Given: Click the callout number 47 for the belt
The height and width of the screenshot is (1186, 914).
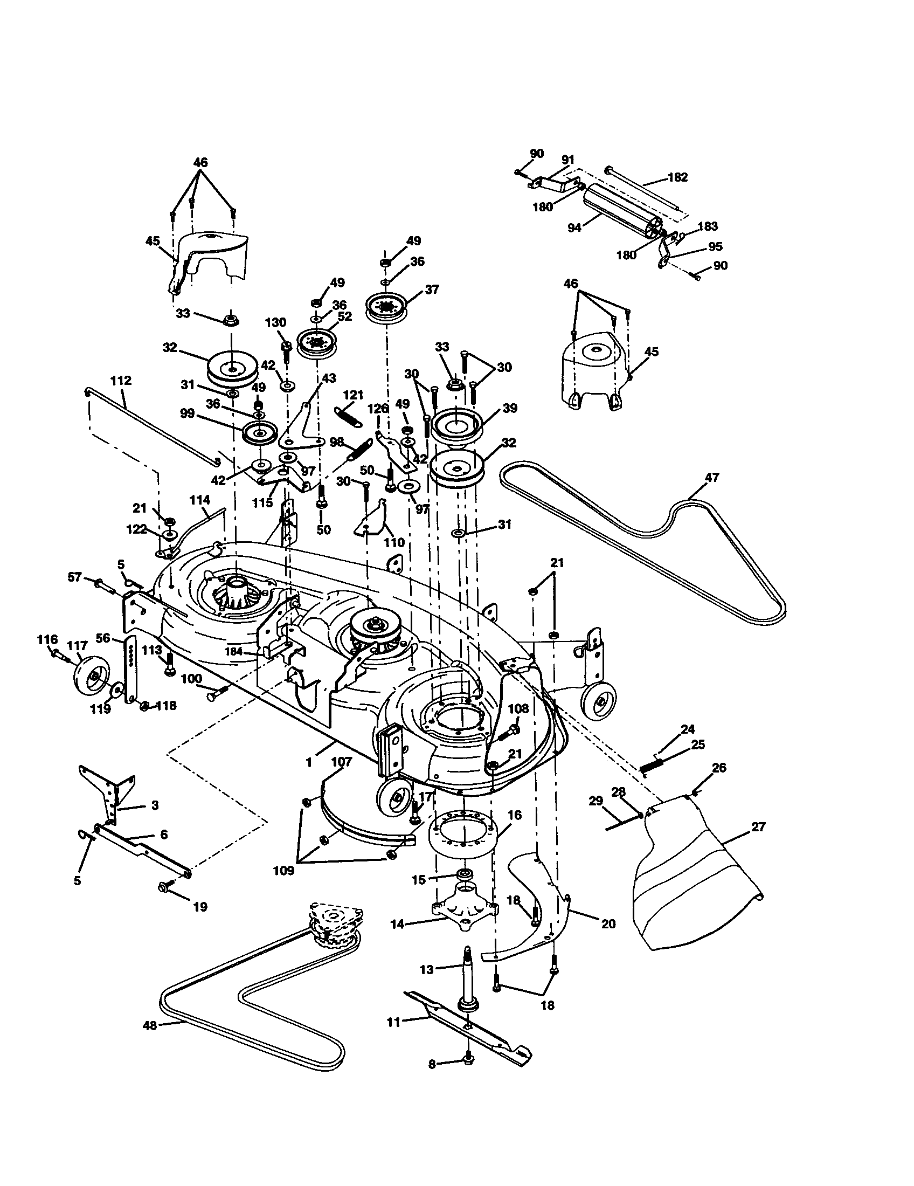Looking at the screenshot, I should (711, 477).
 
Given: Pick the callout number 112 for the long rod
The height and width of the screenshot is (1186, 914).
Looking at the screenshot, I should (121, 380).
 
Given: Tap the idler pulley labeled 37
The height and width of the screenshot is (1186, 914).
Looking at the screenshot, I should (387, 307).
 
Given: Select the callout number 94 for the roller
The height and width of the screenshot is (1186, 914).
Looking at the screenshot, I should (574, 227).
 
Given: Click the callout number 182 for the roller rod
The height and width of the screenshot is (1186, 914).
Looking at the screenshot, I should (677, 177).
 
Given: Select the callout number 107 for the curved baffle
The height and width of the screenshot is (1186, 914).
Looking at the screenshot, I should (341, 762).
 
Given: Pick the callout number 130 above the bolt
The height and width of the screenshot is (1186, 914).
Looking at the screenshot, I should (275, 322).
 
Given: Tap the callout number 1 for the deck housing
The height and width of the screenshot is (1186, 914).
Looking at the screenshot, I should (308, 762).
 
